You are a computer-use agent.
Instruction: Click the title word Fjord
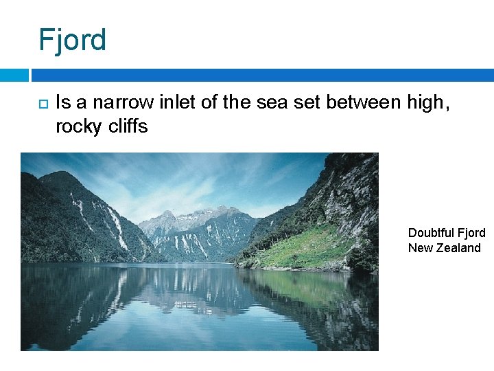click(73, 40)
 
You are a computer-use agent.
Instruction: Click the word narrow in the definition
click(123, 103)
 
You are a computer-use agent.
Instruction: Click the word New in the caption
click(420, 248)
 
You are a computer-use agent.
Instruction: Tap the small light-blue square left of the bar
click(14, 75)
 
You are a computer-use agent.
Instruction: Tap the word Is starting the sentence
click(62, 103)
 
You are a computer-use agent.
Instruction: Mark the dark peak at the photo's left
click(58, 182)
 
